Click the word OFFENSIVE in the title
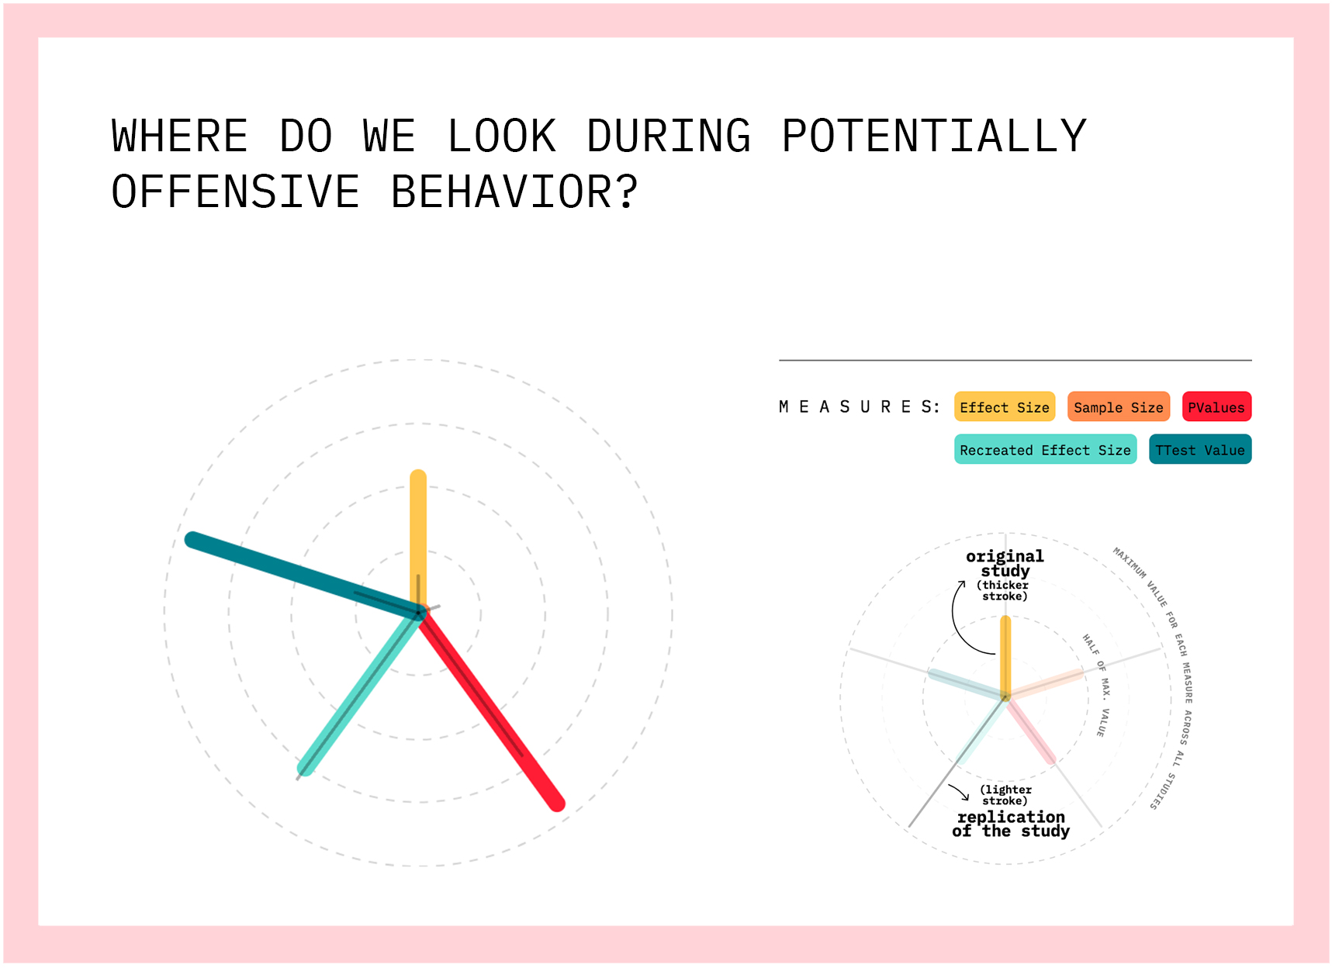pos(236,192)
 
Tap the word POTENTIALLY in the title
pos(934,136)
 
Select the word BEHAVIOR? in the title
pos(514,192)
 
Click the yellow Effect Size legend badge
pos(1005,407)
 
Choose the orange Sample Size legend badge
pos(1118,407)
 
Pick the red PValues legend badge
pos(1216,407)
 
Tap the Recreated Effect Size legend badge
pos(1045,450)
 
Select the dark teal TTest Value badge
pos(1200,450)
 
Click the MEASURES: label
pos(860,407)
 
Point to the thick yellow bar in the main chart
pos(418,541)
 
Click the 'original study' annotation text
pos(1005,564)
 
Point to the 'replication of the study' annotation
pos(1011,824)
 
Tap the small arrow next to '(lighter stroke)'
pos(960,792)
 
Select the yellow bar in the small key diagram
pos(1005,657)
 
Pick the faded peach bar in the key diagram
pos(1045,684)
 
